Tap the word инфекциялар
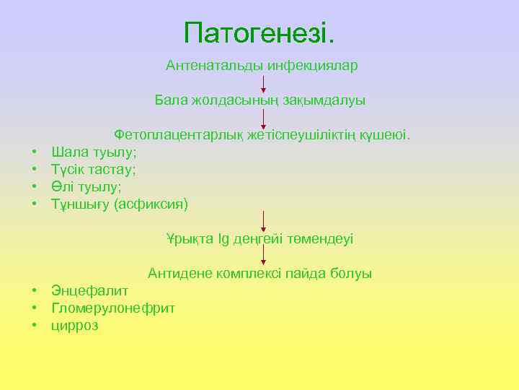click(x=313, y=66)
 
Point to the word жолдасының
click(x=224, y=100)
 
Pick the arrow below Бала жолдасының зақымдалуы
click(x=263, y=117)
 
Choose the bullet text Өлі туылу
click(x=86, y=186)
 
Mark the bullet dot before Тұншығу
click(x=34, y=204)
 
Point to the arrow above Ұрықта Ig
click(x=263, y=220)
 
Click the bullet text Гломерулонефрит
click(x=113, y=308)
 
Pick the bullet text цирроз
click(x=75, y=326)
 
